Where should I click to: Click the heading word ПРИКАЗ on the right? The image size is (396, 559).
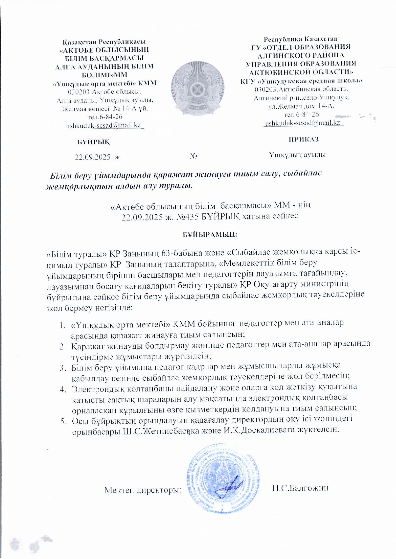304,139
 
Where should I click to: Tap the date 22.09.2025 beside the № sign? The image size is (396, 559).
93,157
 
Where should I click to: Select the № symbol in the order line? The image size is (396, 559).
193,156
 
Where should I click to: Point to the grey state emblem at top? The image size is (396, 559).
197,88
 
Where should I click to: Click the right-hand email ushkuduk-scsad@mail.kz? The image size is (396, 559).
303,123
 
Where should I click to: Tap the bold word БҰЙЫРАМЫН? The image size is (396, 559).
210,234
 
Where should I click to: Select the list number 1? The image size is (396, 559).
62,326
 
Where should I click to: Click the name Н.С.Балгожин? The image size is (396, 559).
300,488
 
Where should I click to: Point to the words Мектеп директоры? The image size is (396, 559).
143,490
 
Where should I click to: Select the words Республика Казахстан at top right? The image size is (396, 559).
300,39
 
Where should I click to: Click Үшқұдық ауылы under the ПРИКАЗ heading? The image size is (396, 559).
297,155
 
